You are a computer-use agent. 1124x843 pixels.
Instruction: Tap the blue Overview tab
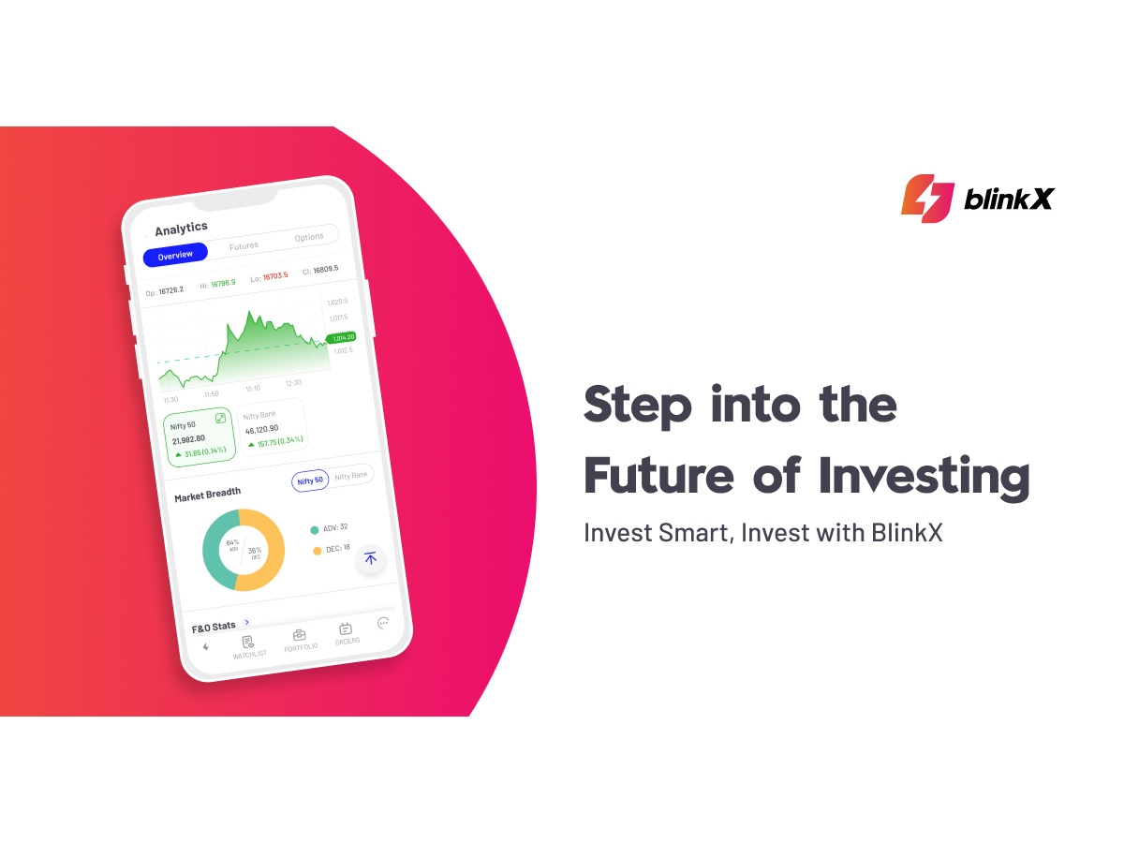click(x=175, y=255)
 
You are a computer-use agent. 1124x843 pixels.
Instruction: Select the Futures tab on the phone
click(x=244, y=246)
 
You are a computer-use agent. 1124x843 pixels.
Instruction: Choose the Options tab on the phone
click(x=309, y=238)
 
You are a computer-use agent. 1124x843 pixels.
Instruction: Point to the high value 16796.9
click(x=223, y=282)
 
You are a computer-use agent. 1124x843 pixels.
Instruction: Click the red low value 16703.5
click(x=275, y=276)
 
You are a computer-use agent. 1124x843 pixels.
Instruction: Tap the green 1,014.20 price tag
click(x=340, y=337)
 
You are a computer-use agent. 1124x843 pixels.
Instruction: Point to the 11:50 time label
click(x=211, y=394)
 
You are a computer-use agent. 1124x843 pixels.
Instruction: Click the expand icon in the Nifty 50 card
click(x=220, y=419)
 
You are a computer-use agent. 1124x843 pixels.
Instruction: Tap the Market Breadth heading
click(x=207, y=494)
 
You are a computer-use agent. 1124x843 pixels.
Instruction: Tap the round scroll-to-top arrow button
click(x=370, y=558)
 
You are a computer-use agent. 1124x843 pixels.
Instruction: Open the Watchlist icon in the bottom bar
click(x=248, y=643)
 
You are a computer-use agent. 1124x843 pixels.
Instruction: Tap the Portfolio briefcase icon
click(x=299, y=635)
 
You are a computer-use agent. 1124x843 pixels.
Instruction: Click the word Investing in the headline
click(x=924, y=476)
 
